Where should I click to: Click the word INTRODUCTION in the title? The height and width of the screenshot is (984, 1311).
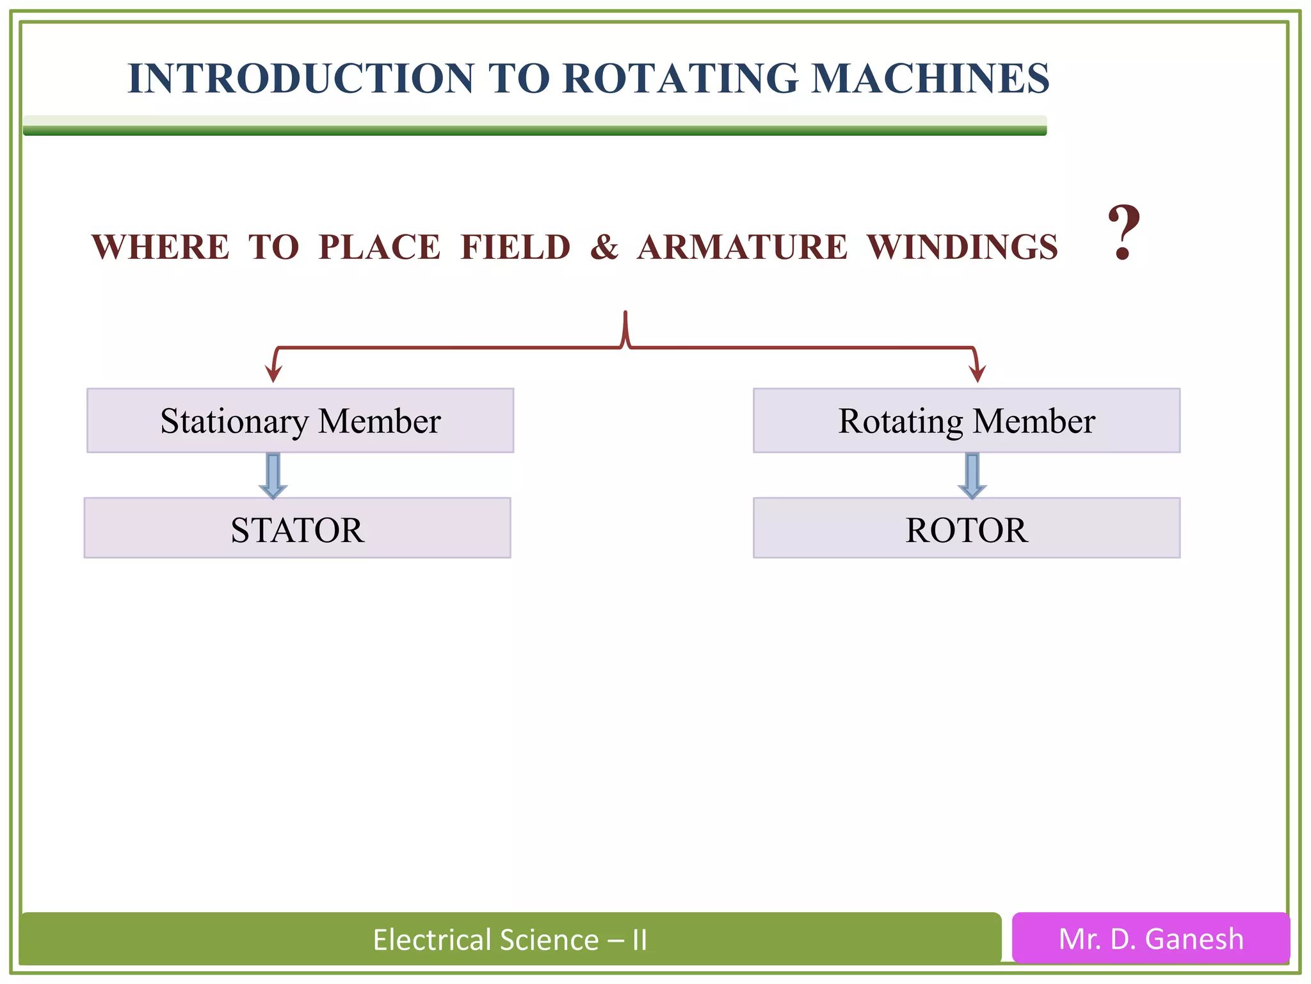pos(300,79)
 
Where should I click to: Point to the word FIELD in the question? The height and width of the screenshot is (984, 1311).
pos(515,247)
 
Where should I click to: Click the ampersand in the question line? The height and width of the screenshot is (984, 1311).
pos(604,247)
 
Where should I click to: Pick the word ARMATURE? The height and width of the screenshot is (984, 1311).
pos(742,247)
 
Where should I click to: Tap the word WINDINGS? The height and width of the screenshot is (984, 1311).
pos(962,247)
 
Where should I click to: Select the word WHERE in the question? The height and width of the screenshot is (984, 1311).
pos(160,247)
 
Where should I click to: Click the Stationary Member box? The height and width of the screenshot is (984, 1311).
pos(300,421)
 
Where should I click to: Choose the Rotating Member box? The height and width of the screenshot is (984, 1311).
pos(966,421)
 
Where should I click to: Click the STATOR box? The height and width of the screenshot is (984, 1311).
pos(297,529)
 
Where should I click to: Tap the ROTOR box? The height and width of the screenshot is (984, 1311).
pos(966,529)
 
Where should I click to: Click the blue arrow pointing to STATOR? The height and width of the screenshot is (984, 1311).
pos(273,475)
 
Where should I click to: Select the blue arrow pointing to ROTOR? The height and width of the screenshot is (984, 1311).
pos(972,475)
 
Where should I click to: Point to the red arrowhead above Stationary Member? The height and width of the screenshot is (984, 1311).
pos(274,373)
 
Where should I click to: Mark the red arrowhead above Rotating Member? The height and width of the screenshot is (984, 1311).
pos(977,373)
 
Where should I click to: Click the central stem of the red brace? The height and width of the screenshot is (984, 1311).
pos(625,328)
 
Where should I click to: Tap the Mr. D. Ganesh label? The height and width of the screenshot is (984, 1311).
pos(1150,939)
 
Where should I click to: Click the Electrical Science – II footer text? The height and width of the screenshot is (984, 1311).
pos(510,940)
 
